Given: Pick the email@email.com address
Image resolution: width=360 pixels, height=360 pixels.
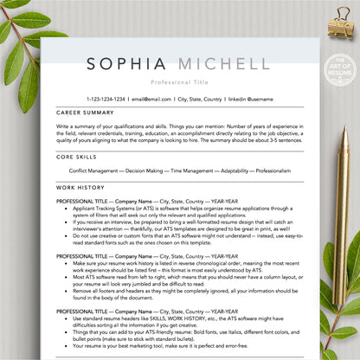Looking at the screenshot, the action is click(151, 99).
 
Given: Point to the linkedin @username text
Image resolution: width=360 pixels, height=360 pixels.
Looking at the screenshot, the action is click(250, 99).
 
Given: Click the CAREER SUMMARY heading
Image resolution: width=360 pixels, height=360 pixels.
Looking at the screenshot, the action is click(85, 112).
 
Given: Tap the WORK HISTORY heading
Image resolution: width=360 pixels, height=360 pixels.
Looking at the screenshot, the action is click(80, 186).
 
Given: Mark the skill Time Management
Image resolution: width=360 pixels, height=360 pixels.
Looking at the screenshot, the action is click(196, 170).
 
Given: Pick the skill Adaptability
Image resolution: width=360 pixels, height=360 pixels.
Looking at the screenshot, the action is click(236, 170).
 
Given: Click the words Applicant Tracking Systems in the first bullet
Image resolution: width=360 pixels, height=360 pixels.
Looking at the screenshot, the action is click(104, 209).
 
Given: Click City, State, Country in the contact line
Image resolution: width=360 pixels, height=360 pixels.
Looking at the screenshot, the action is click(201, 99).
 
